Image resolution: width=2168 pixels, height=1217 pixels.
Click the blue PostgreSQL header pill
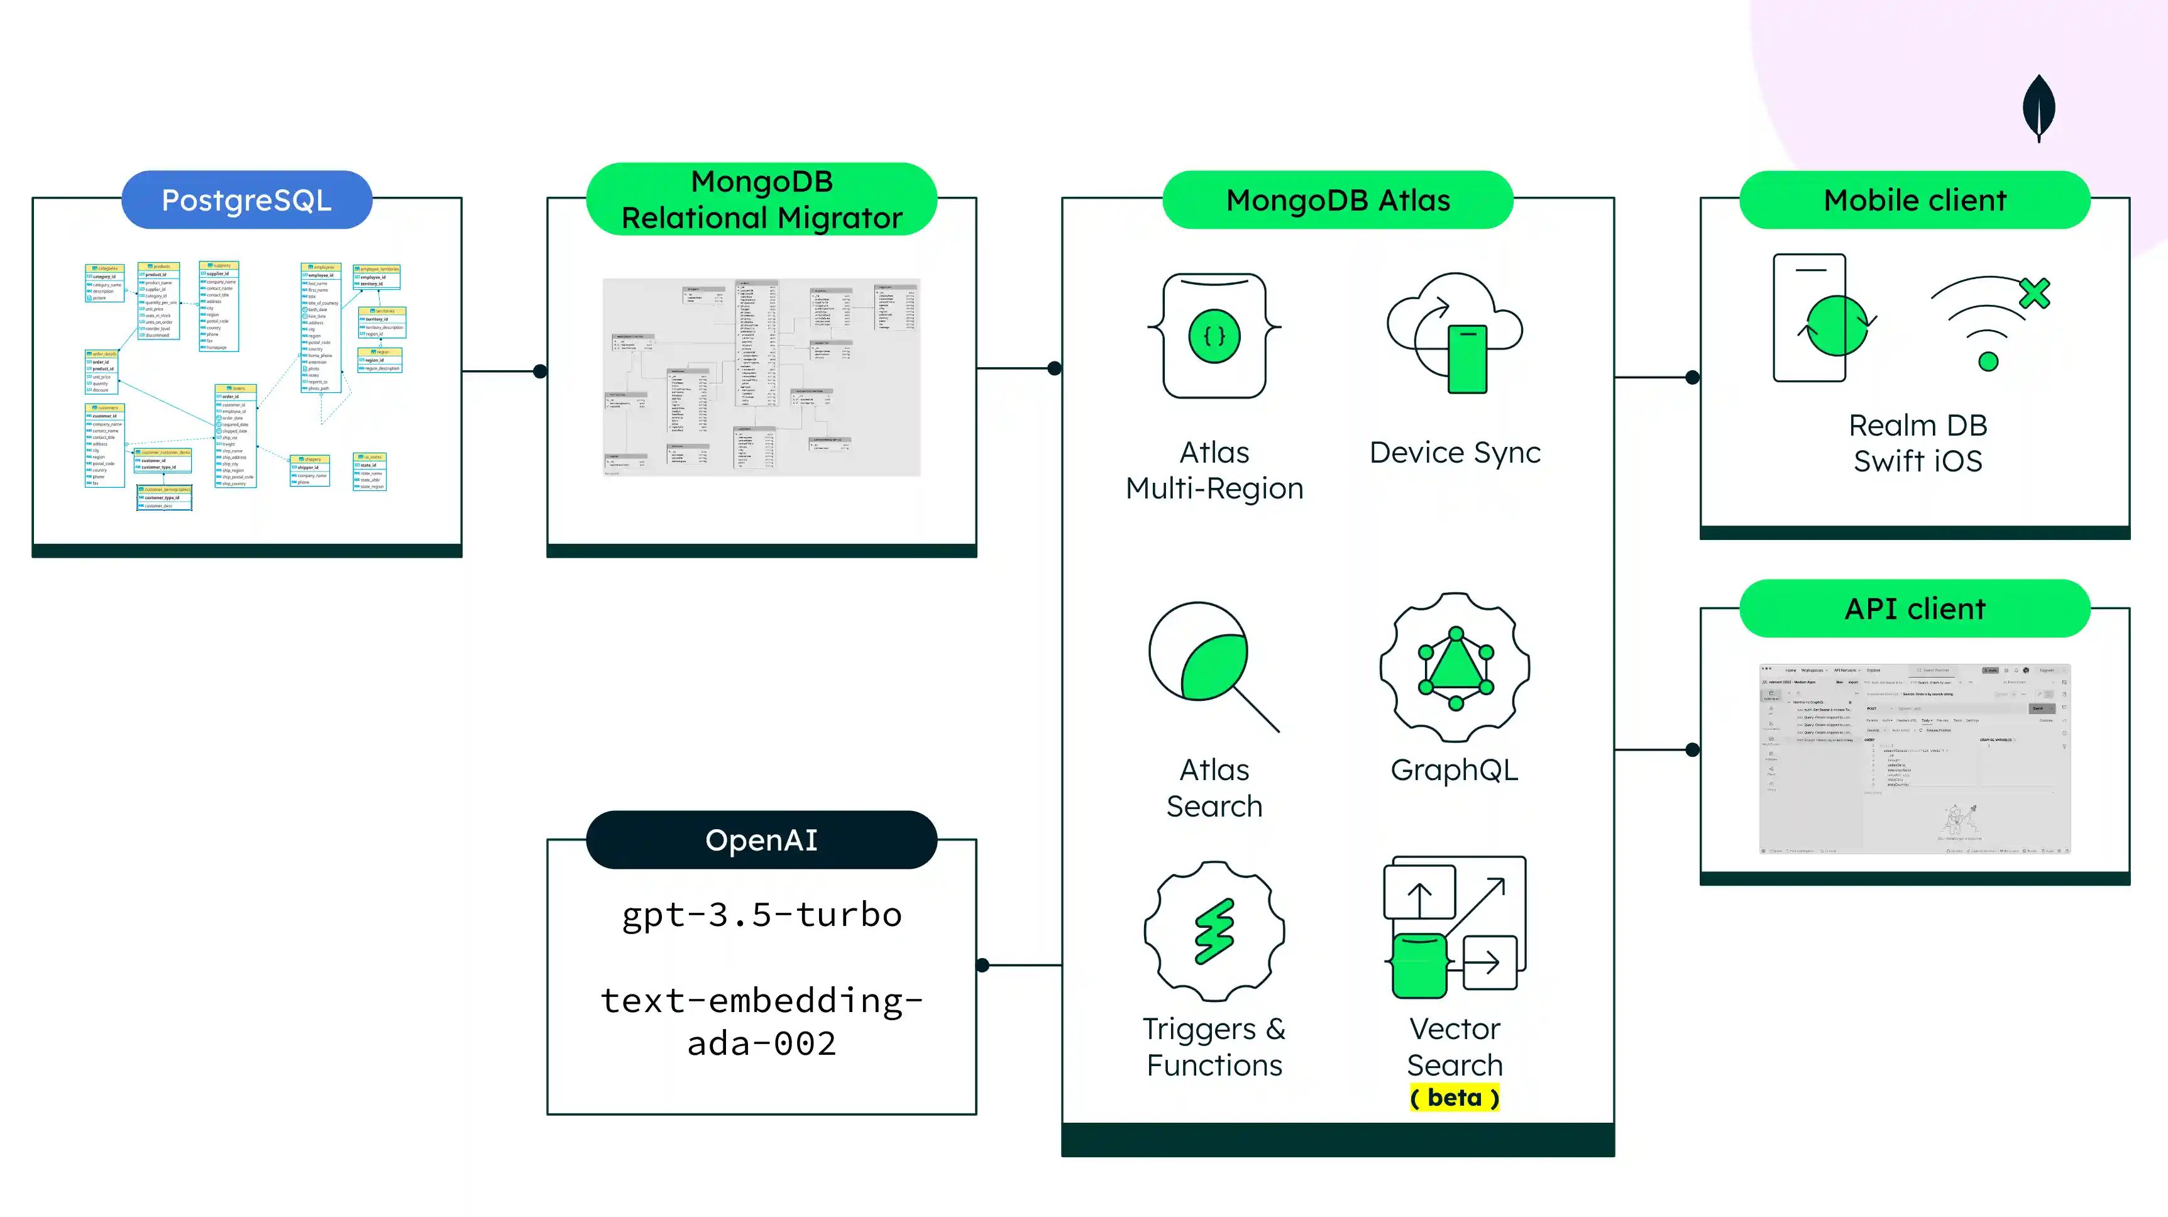246,201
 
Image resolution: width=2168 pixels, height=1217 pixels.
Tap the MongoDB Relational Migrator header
762,199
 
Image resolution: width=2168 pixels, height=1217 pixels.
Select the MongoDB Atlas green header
1338,201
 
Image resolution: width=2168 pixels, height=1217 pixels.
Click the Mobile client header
1915,201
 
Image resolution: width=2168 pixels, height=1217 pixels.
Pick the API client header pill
1915,608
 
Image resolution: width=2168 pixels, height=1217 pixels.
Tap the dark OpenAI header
762,840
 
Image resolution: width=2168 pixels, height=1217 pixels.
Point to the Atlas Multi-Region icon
1214,336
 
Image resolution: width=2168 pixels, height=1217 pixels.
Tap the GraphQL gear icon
1455,668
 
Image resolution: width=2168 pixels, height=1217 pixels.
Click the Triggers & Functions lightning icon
1214,931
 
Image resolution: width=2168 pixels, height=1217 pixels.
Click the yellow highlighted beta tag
1455,1098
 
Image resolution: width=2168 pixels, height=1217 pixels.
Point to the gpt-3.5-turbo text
762,915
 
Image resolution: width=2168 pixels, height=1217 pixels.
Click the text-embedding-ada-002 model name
762,1022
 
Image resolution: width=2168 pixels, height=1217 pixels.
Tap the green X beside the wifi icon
2035,294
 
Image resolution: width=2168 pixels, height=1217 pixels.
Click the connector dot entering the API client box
1693,750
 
